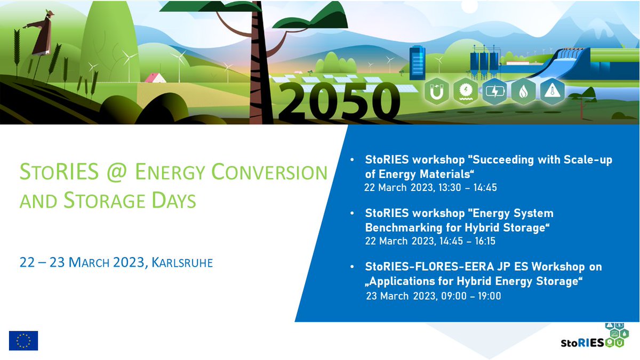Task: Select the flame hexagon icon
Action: (523, 92)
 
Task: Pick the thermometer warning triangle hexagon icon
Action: (551, 92)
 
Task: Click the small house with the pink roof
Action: (155, 78)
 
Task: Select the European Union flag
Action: (23, 340)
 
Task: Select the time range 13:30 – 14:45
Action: (464, 188)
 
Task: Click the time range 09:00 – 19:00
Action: (471, 296)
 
